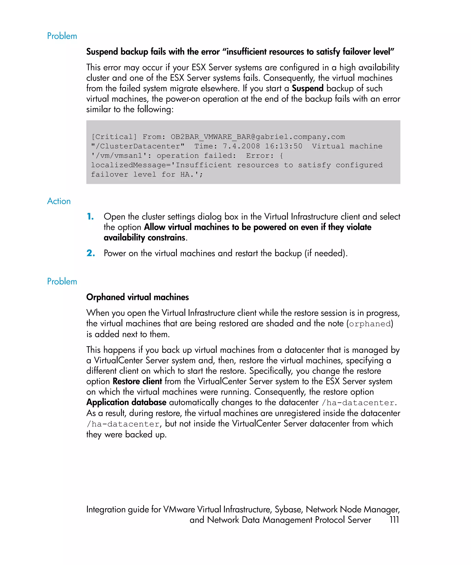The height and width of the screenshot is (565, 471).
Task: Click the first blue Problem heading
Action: (62, 36)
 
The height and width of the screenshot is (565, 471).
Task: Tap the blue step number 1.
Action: (90, 216)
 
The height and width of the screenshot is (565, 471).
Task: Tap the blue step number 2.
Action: (90, 253)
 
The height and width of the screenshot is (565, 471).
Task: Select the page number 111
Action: (394, 519)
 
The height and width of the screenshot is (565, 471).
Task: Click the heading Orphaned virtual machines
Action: (137, 297)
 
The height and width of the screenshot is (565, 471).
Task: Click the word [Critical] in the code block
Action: (114, 137)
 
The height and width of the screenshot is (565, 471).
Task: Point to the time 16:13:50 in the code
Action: (283, 146)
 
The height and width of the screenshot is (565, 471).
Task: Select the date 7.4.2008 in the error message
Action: (241, 146)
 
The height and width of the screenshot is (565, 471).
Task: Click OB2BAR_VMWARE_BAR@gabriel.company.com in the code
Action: (258, 137)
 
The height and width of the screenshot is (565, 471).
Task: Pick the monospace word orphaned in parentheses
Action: (370, 324)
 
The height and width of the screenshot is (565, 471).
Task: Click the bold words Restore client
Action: (137, 381)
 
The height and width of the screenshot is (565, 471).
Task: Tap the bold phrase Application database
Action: (126, 402)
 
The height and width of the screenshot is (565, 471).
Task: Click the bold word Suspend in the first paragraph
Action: (307, 88)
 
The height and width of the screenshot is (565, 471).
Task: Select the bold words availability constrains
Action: (144, 238)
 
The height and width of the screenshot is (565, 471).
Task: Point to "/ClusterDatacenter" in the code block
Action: (138, 146)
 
